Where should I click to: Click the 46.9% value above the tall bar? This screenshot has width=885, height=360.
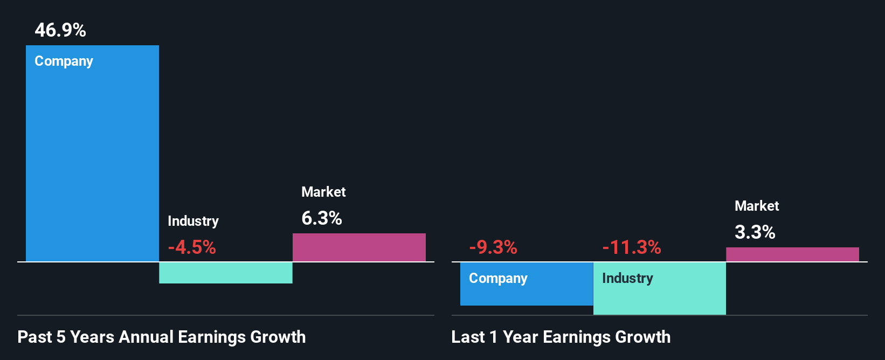(60, 30)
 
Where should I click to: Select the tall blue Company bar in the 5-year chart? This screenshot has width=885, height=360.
(92, 162)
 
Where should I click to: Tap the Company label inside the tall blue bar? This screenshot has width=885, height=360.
(64, 61)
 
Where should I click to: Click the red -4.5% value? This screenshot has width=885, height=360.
(192, 247)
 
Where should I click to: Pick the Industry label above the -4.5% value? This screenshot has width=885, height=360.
(193, 221)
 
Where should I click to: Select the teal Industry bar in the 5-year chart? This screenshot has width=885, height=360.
(226, 273)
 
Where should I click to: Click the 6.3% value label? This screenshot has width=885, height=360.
(322, 218)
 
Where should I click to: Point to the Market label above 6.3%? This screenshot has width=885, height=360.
(323, 192)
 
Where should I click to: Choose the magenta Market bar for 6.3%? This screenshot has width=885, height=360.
(359, 247)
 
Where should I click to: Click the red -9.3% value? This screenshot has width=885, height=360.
(493, 247)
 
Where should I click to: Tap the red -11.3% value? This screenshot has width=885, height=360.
(632, 247)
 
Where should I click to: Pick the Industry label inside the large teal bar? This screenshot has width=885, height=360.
(627, 278)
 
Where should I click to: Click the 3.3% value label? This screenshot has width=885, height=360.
(755, 232)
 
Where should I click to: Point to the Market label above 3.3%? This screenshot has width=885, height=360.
(757, 206)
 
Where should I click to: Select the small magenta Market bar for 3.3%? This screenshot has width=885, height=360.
(792, 254)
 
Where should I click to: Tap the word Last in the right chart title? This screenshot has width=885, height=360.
(468, 337)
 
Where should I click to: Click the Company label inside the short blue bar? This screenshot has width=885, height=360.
(498, 279)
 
